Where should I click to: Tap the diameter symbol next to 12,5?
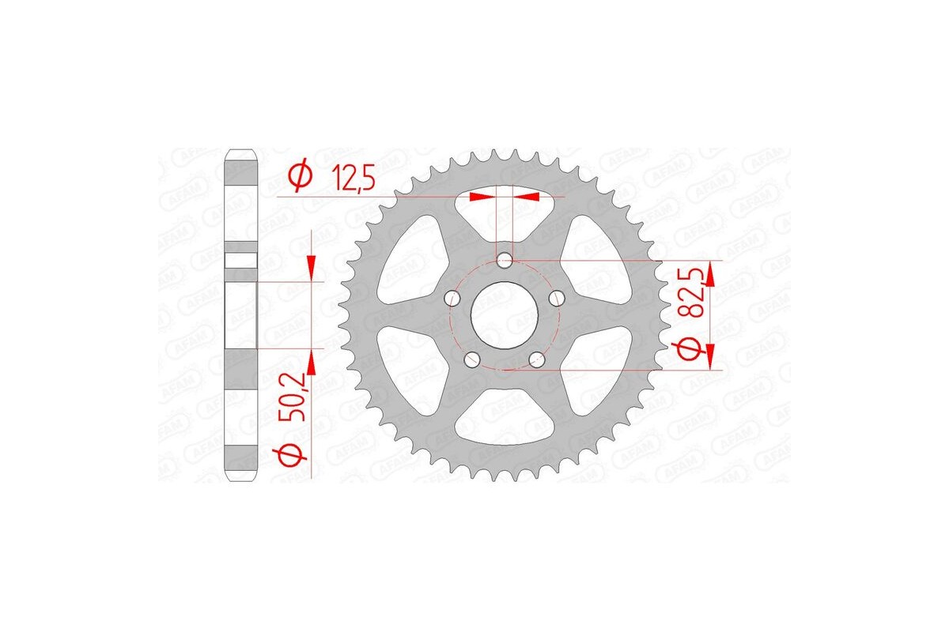pos(298,177)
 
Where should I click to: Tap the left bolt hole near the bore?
pos(452,298)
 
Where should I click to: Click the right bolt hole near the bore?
pos(557,298)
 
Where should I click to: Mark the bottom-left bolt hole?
pos(472,359)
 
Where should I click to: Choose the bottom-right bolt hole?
pos(537,359)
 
